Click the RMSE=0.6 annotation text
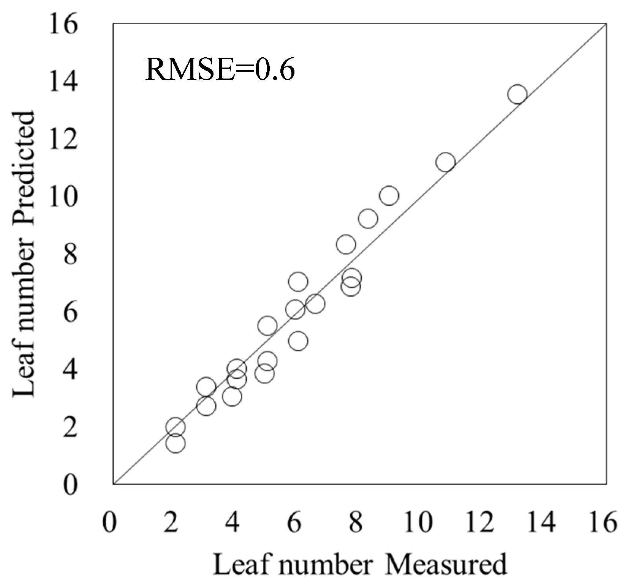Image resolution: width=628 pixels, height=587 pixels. [220, 70]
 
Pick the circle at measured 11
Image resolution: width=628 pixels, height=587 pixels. [445, 162]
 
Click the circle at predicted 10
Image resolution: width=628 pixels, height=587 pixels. [389, 196]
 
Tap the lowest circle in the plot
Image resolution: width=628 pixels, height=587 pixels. [176, 443]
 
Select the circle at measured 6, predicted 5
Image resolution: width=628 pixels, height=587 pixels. [298, 341]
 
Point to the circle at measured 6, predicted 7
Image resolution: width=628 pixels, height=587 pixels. [298, 282]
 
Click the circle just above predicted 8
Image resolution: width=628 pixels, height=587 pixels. [345, 244]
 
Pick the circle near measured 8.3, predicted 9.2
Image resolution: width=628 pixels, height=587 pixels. [367, 219]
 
